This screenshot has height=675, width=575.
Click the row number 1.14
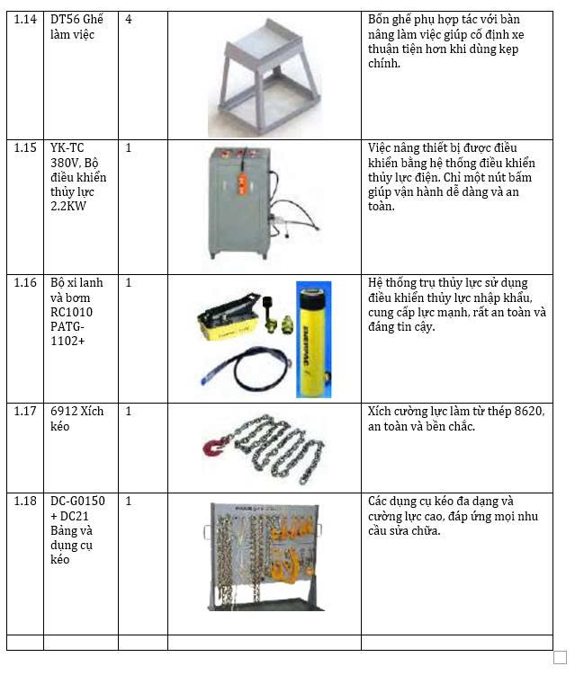pyautogui.click(x=25, y=20)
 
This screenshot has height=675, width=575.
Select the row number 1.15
pyautogui.click(x=25, y=148)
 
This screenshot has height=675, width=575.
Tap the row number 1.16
pyautogui.click(x=25, y=283)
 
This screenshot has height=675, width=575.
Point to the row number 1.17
pyautogui.click(x=25, y=412)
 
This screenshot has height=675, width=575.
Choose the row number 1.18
pyautogui.click(x=25, y=501)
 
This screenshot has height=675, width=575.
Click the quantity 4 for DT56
pyautogui.click(x=129, y=20)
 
